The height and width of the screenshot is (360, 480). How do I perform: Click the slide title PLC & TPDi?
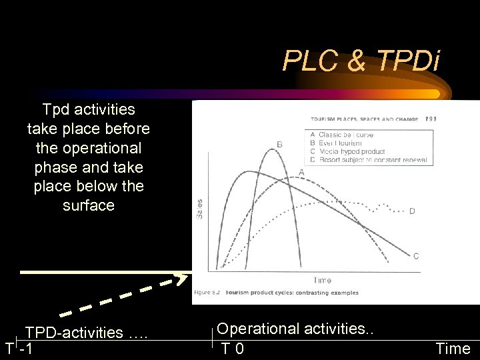pyautogui.click(x=361, y=61)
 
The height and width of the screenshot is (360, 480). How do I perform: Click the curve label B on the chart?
pyautogui.click(x=279, y=144)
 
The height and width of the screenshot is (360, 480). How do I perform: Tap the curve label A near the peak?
pyautogui.click(x=301, y=171)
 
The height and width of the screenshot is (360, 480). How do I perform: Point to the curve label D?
pyautogui.click(x=412, y=211)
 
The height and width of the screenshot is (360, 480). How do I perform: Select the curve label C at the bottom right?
pyautogui.click(x=416, y=255)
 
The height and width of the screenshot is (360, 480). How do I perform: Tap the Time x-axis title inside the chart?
pyautogui.click(x=322, y=280)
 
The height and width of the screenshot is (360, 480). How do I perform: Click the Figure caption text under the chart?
pyautogui.click(x=276, y=292)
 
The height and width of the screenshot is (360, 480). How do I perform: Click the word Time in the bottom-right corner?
pyautogui.click(x=453, y=348)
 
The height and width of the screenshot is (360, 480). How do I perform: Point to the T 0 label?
pyautogui.click(x=233, y=348)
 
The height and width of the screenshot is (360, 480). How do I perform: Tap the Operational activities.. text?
pyautogui.click(x=297, y=329)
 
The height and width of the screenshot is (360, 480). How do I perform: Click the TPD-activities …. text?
pyautogui.click(x=86, y=332)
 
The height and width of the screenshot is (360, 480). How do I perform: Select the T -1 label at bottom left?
pyautogui.click(x=20, y=348)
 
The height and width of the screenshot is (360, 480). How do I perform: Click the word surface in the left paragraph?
pyautogui.click(x=89, y=205)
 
